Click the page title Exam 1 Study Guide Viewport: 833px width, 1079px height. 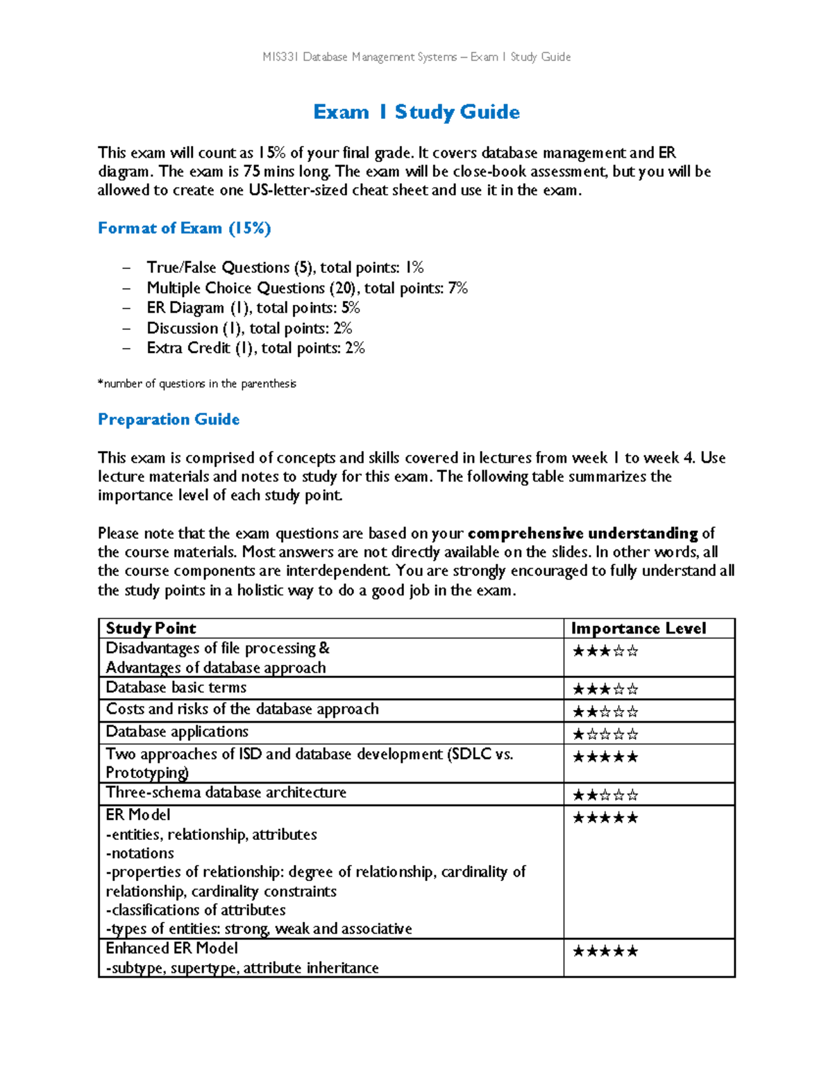coord(416,112)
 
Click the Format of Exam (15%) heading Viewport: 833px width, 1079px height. coord(184,228)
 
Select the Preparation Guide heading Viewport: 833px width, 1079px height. coord(169,419)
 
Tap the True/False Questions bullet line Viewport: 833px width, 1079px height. coord(285,267)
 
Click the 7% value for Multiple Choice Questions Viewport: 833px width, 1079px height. coord(458,288)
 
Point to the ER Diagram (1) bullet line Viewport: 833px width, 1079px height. coord(253,308)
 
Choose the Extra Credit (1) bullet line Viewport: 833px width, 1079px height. coord(255,348)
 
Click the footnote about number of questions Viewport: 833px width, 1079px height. coord(197,384)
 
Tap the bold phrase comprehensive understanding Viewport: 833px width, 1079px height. coord(583,534)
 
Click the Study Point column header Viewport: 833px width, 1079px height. coord(151,628)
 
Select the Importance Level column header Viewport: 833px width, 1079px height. coord(638,628)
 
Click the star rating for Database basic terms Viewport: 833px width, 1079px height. coord(605,689)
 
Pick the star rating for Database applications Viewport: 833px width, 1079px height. coord(605,734)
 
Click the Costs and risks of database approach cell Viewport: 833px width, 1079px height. coord(242,709)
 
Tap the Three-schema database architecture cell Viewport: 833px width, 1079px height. coord(226,793)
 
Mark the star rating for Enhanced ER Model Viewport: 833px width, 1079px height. coord(605,951)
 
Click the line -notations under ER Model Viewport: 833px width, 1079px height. coord(140,853)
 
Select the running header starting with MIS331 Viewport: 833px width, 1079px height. coord(416,57)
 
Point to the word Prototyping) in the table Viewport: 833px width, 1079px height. coord(147,773)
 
